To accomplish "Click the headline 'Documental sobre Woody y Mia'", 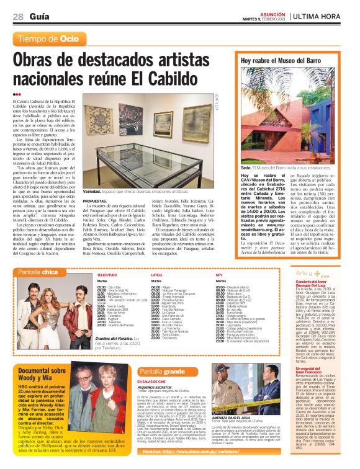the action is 42,373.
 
